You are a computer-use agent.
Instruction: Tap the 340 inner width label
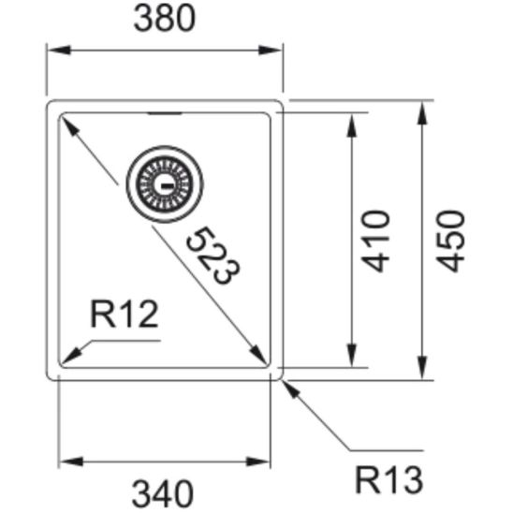[x=164, y=491]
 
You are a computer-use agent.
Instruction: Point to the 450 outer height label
[x=451, y=241]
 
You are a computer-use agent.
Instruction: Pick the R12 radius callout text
[x=124, y=315]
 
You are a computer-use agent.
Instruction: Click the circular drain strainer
[x=169, y=179]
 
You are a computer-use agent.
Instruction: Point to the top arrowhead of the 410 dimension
[x=352, y=121]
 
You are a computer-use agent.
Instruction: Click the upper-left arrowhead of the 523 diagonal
[x=68, y=122]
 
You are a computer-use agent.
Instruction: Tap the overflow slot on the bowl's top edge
[x=166, y=113]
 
